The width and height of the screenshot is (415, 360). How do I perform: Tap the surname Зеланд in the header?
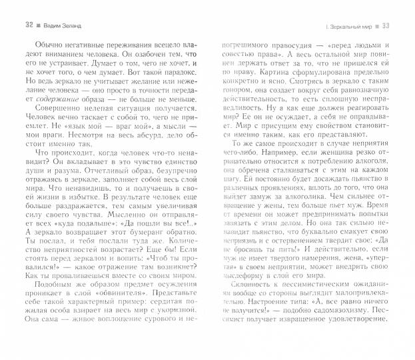coord(70,26)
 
